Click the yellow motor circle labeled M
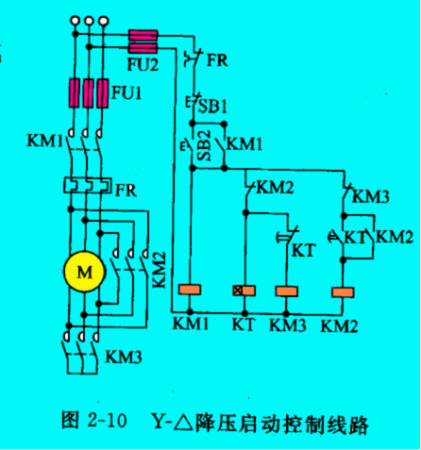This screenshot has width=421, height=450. pyautogui.click(x=84, y=272)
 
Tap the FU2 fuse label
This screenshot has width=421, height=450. pyautogui.click(x=143, y=65)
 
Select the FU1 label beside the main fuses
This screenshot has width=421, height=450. pyautogui.click(x=126, y=93)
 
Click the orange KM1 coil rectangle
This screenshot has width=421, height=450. pyautogui.click(x=190, y=290)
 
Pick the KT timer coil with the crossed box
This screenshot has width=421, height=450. pyautogui.click(x=244, y=291)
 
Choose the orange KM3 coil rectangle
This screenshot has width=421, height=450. pyautogui.click(x=286, y=292)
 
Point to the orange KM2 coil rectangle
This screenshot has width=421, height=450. pyautogui.click(x=343, y=292)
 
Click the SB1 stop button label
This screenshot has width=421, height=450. pyautogui.click(x=212, y=107)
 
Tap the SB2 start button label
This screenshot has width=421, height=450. pyautogui.click(x=205, y=145)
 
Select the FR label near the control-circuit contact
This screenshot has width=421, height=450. pyautogui.click(x=217, y=59)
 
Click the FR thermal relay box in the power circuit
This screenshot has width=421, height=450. pyautogui.click(x=88, y=185)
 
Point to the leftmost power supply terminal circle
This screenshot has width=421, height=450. pyautogui.click(x=75, y=21)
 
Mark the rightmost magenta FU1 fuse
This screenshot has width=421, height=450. pyautogui.click(x=103, y=93)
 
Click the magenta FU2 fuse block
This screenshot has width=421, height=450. pyautogui.click(x=143, y=42)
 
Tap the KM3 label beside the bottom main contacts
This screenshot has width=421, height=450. pyautogui.click(x=124, y=357)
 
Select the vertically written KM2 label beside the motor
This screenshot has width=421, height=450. pyautogui.click(x=160, y=270)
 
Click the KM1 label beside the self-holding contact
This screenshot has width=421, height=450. pyautogui.click(x=244, y=144)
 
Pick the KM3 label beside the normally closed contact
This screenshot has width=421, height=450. pyautogui.click(x=371, y=197)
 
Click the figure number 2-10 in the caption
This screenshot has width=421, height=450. pyautogui.click(x=108, y=420)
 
